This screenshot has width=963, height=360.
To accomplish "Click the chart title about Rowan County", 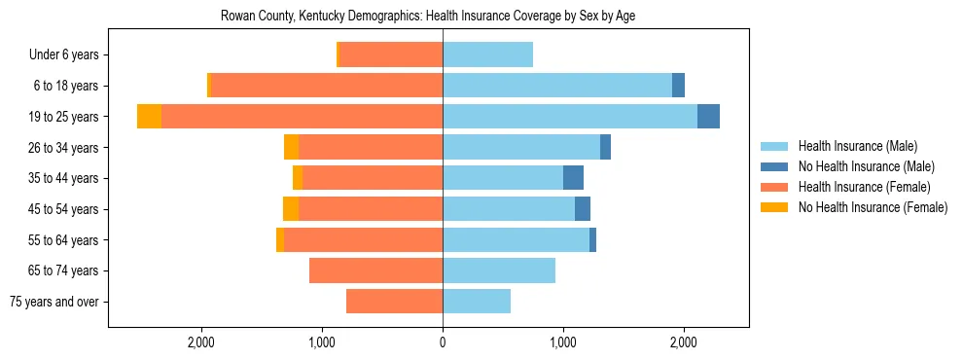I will pos(428,17).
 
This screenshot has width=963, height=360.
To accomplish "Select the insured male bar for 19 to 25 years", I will pos(570,117).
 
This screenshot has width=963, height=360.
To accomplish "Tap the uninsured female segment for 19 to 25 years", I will pos(149,117).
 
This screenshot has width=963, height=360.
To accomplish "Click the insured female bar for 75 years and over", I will pos(394,302).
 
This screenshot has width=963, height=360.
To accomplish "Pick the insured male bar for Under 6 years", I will pos(487,54).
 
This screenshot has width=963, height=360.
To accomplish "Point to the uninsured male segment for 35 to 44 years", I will pos(573,178).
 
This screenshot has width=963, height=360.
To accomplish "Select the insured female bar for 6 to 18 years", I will pos(326,86).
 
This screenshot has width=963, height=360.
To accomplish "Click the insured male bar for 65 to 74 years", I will pos(499,270).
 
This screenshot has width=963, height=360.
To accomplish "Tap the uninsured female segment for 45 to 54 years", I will pos(291,209).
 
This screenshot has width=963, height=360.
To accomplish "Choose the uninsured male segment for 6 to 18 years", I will pos(678,86).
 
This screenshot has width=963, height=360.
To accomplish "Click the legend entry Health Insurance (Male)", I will pos(857,146).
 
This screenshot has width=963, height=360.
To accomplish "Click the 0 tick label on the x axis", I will pos(443,342).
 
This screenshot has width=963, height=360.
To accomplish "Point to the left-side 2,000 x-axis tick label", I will pos(201,342).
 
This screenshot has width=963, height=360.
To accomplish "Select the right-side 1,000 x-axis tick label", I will pos(563,342).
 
